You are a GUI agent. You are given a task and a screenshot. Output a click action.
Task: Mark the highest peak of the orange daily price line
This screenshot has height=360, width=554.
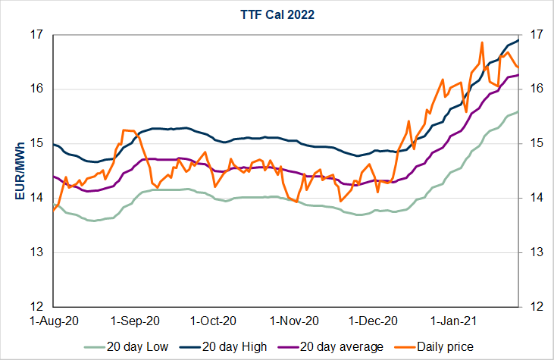tap(482, 42)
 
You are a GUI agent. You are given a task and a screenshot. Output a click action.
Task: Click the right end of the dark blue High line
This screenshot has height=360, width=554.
tap(518, 39)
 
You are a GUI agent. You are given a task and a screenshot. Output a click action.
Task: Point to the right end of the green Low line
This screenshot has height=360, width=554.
tap(518, 112)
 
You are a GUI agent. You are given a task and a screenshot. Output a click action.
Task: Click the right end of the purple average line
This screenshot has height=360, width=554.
tap(518, 75)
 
